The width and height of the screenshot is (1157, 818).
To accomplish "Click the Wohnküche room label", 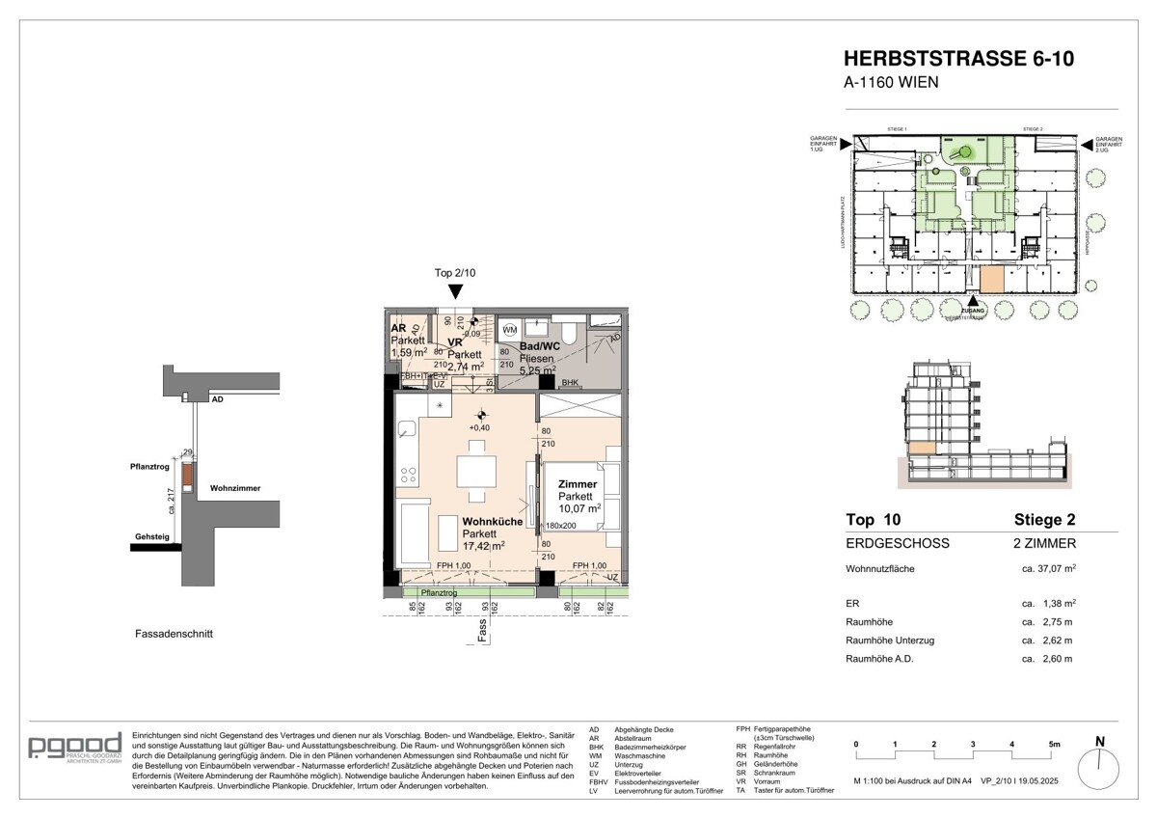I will (x=494, y=522).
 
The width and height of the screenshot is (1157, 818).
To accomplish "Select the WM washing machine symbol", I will (x=509, y=330).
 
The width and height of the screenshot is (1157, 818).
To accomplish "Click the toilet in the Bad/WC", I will (x=569, y=333).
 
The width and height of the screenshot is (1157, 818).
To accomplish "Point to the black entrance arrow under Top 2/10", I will (x=455, y=291).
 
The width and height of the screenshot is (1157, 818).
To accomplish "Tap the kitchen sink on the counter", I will (x=406, y=430).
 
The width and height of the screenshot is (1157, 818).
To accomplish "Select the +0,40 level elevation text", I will (x=478, y=428).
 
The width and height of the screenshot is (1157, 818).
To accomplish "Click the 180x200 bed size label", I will (x=560, y=526).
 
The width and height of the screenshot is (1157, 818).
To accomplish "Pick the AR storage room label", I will (x=397, y=328).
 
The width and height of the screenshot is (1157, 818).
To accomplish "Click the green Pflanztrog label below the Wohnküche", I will (x=437, y=591).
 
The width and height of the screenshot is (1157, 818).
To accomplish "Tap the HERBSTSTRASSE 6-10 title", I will (x=958, y=59).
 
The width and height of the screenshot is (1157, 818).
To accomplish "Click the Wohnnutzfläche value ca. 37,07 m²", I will (x=1048, y=569).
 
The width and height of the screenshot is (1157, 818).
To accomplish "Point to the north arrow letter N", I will (x=1100, y=742).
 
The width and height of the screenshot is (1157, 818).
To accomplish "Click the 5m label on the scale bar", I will (x=1054, y=745).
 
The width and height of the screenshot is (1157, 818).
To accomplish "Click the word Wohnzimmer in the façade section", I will (x=235, y=488).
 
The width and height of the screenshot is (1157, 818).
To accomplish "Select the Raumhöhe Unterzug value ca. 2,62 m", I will (x=1047, y=641).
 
